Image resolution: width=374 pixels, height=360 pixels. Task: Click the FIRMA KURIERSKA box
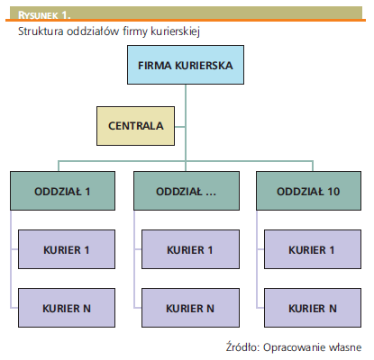[x=186, y=65]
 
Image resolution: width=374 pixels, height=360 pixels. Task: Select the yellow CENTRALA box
[x=135, y=126]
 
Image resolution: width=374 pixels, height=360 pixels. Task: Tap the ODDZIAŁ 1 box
[x=62, y=191]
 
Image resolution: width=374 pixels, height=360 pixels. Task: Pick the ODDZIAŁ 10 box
[x=308, y=191]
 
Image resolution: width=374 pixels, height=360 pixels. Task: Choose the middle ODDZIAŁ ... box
[x=187, y=191]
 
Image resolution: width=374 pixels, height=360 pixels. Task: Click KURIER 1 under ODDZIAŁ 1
[x=67, y=249]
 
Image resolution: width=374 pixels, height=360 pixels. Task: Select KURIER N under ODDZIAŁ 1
[x=67, y=308]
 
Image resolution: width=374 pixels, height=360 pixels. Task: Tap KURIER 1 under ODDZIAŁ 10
[x=313, y=249]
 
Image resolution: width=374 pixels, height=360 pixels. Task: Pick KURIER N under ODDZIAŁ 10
[x=313, y=308]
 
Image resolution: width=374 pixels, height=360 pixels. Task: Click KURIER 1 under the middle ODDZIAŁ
[x=190, y=249]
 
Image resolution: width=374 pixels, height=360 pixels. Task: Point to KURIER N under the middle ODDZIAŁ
[x=190, y=308]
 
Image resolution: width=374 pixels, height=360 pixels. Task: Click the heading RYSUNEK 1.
[x=44, y=15]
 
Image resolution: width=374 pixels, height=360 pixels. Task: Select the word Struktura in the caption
[x=41, y=31]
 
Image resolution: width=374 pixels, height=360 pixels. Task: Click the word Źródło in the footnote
[x=242, y=346]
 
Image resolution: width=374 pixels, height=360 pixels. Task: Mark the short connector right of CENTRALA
[x=180, y=127]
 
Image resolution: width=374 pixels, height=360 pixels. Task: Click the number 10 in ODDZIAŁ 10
[x=333, y=192]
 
